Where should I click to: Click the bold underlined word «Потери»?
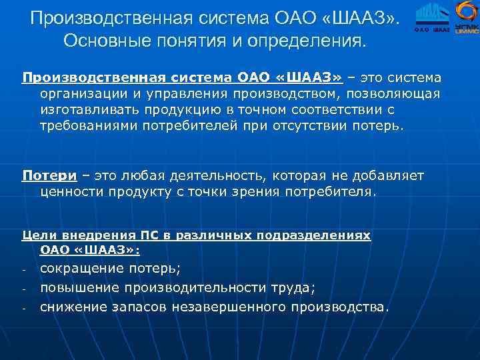coord(49,176)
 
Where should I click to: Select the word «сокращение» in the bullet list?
coord(82,269)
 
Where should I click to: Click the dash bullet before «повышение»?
coord(23,290)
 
